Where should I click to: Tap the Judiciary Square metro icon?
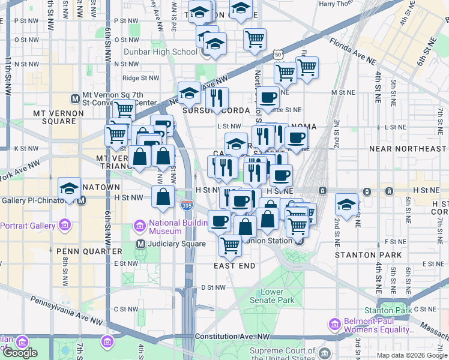(x=140, y=244)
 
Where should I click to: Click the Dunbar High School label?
(x=160, y=52)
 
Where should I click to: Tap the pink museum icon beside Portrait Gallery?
(x=65, y=226)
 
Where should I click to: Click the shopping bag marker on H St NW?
(x=163, y=196)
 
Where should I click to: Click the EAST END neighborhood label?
(x=235, y=265)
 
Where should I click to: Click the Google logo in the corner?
(x=20, y=353)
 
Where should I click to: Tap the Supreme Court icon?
(x=325, y=352)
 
